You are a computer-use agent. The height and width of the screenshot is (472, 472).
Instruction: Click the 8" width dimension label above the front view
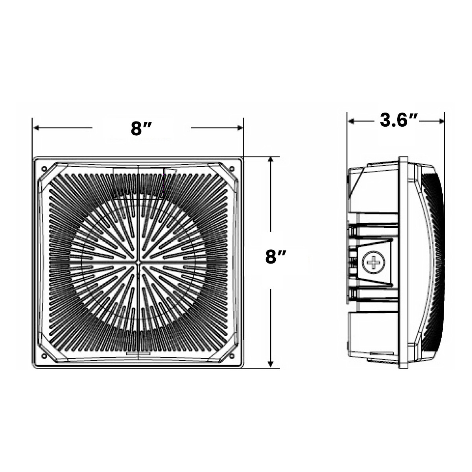[x=142, y=128]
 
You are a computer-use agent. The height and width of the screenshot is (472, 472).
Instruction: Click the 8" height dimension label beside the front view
[x=276, y=257]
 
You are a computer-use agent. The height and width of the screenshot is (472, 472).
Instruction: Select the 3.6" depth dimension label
[x=399, y=120]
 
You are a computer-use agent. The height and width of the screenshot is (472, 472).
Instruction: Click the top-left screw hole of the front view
[x=44, y=169]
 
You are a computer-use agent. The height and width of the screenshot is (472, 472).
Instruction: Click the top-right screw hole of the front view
[x=232, y=168]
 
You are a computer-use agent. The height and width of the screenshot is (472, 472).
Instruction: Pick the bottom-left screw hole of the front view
[x=44, y=356]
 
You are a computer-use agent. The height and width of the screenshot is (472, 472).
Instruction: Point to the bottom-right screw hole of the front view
[x=232, y=356]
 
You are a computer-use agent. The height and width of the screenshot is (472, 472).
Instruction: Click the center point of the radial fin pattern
[x=138, y=262]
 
